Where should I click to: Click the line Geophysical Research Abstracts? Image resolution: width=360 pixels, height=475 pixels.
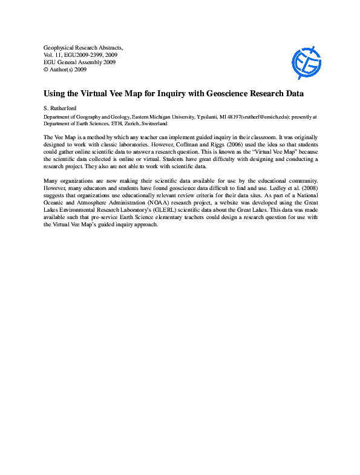tap(83, 47)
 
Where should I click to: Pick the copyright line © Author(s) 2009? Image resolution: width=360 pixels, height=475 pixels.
tap(65, 70)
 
